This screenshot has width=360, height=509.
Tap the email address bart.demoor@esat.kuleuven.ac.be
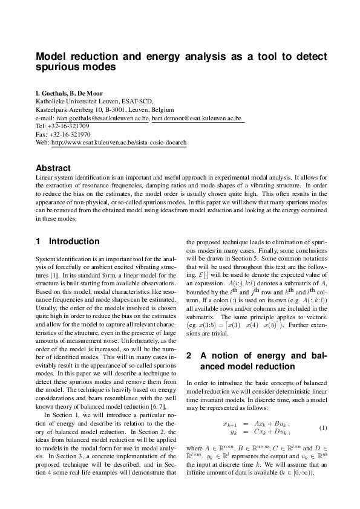197,118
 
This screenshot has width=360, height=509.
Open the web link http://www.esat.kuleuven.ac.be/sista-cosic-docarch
119,143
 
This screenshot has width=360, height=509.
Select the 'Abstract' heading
53,168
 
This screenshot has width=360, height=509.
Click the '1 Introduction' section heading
67,241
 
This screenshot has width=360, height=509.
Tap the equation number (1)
323,428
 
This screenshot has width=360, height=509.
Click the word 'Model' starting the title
50,56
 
